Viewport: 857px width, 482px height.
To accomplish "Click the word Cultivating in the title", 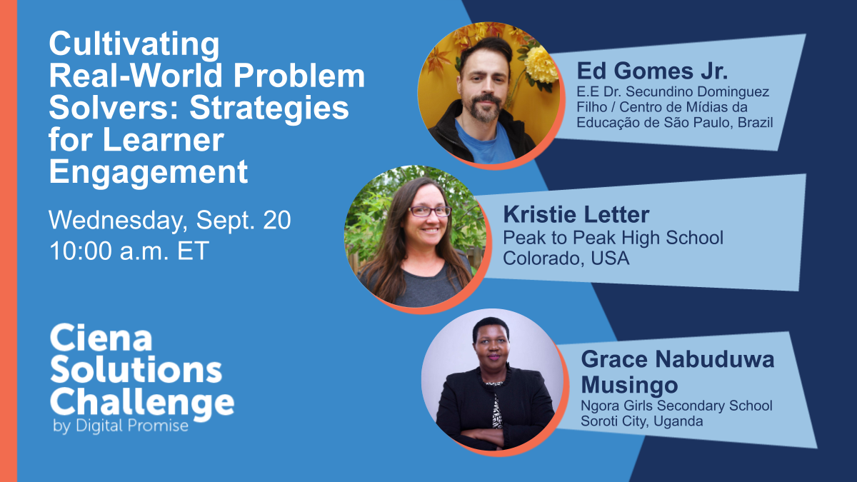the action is click(134, 45).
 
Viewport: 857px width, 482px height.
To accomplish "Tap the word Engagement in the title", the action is click(149, 173).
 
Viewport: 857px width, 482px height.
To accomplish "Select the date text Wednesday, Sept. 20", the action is click(170, 221).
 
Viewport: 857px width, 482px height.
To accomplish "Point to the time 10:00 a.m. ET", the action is click(129, 251).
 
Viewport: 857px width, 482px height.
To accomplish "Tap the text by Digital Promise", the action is click(121, 426).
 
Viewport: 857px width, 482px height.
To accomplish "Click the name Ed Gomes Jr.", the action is click(652, 71).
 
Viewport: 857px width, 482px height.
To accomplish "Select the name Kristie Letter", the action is click(576, 215).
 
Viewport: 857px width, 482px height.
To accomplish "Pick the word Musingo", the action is click(629, 385).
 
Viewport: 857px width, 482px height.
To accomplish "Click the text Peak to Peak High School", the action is click(613, 238).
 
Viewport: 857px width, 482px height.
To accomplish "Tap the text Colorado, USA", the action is click(566, 258).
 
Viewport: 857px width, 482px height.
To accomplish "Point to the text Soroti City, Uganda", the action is click(641, 421).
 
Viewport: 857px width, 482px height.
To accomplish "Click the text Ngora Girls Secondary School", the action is click(676, 406).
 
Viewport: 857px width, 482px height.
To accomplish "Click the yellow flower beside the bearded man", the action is click(541, 65).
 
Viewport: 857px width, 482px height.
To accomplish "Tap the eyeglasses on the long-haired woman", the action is click(430, 211).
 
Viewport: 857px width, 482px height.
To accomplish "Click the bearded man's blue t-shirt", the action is click(484, 142).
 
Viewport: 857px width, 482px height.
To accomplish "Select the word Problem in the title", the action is click(299, 76).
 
